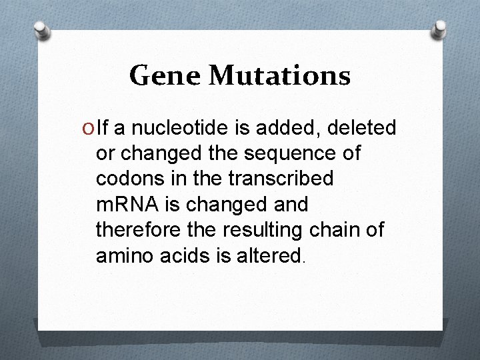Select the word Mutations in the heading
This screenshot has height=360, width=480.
point(280,76)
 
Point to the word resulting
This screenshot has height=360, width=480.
point(259,231)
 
